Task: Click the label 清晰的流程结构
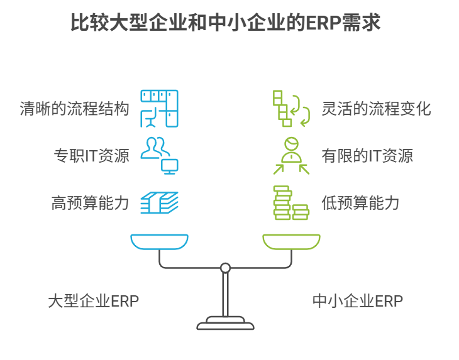tap(74, 109)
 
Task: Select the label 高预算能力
tap(91, 203)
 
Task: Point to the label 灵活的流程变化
tap(376, 109)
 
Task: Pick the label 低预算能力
tap(360, 203)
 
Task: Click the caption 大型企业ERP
tap(93, 301)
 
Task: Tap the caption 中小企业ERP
tap(357, 301)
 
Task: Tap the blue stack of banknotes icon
tap(159, 203)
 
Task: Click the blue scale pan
tap(159, 241)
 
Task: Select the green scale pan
tap(291, 241)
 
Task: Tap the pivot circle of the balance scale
tap(225, 268)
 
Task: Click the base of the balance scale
tap(225, 325)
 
